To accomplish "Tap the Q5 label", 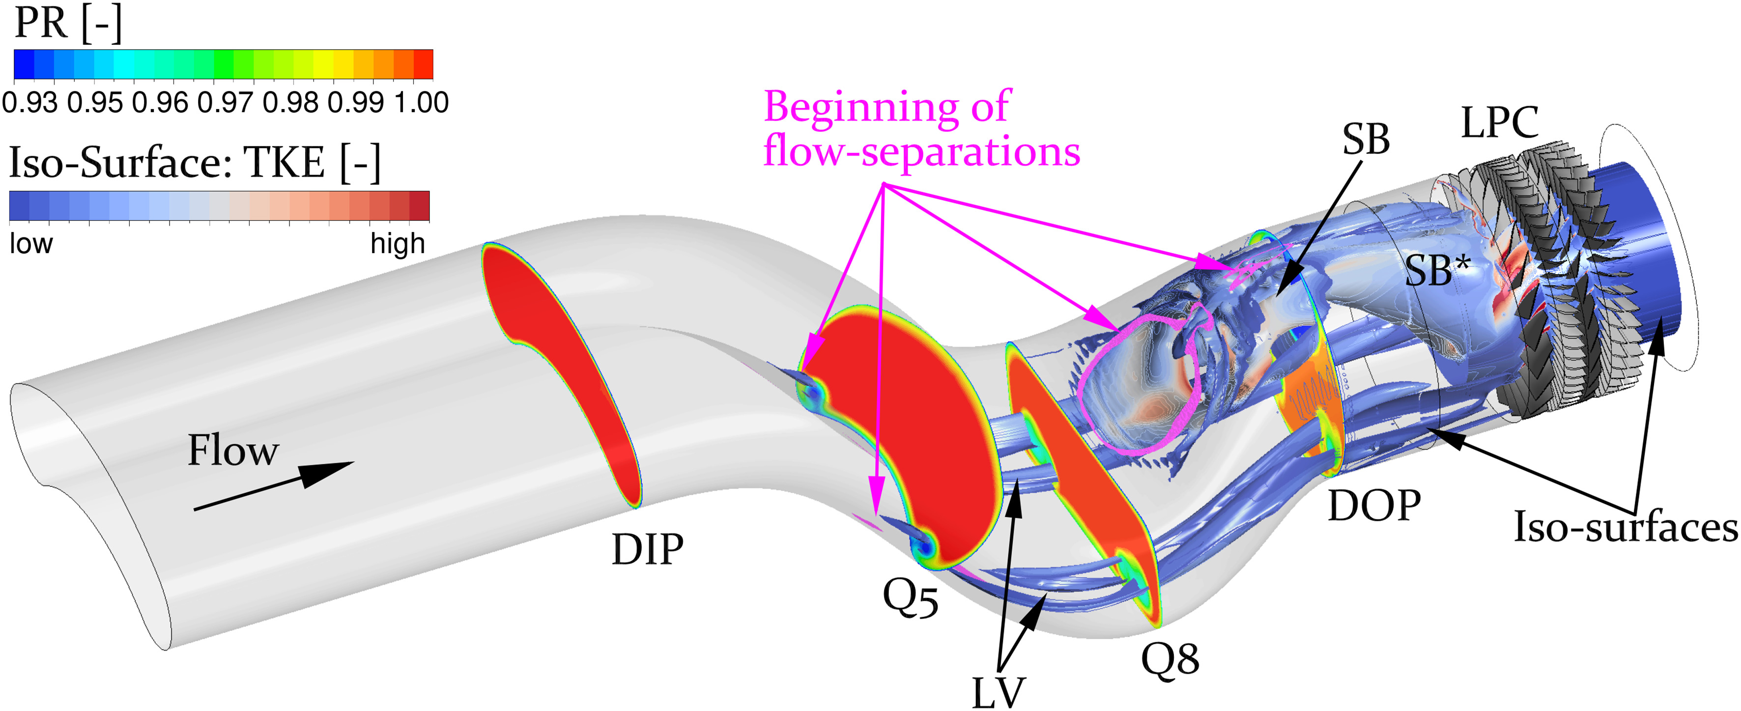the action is (x=911, y=598).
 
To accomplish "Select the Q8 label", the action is (x=1170, y=658).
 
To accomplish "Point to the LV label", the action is (x=998, y=692).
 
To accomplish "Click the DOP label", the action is (x=1374, y=506).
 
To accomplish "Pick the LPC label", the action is (x=1500, y=122).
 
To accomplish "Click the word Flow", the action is (x=232, y=450).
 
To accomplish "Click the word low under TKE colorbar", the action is (x=31, y=243).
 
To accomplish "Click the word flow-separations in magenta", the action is (x=921, y=151).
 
